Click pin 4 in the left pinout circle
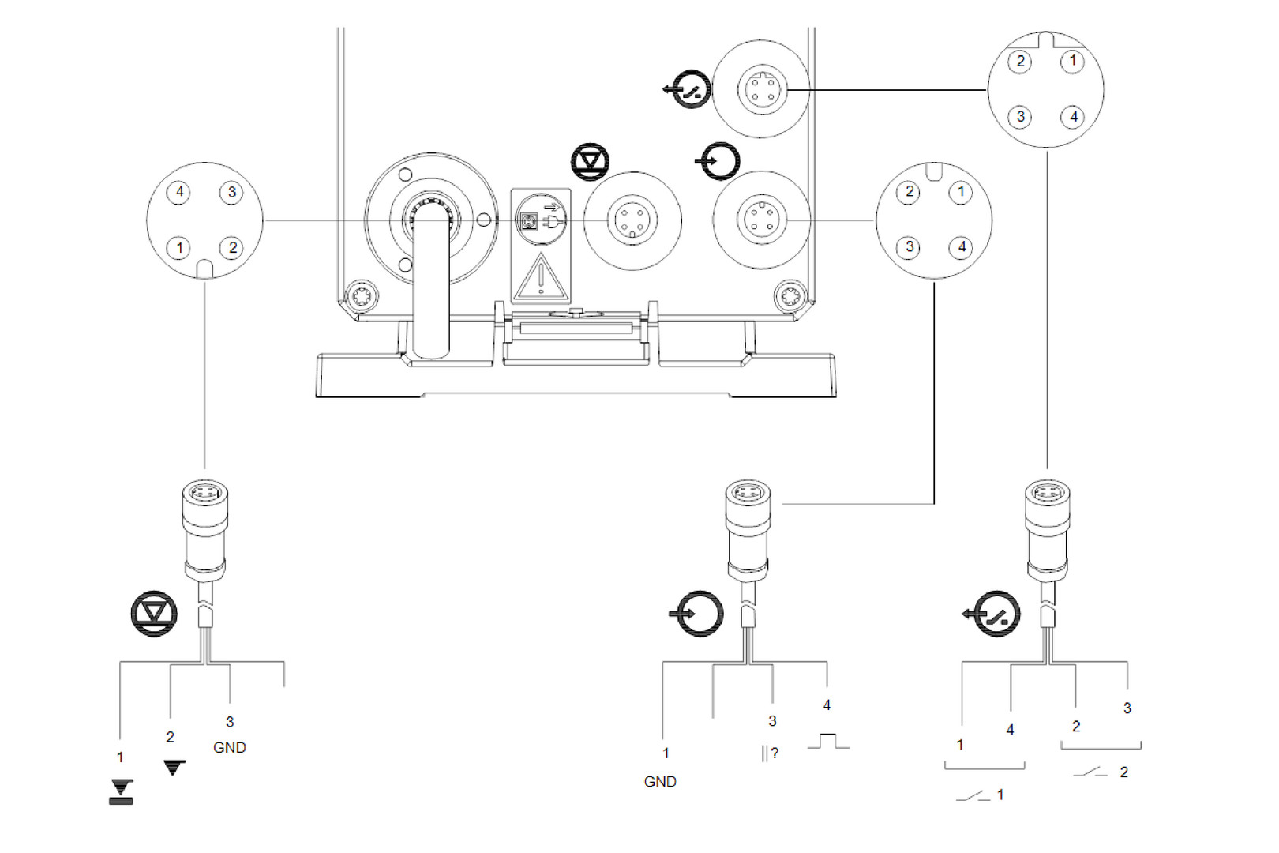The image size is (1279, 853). [179, 192]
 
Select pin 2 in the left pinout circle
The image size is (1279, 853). [231, 248]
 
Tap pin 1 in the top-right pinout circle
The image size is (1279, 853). [1072, 61]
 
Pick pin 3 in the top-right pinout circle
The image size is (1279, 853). [1020, 117]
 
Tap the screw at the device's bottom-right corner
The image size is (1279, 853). [790, 297]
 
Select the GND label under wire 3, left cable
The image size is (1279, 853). [230, 747]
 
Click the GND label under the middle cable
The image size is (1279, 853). [660, 781]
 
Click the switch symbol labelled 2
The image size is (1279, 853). [1090, 772]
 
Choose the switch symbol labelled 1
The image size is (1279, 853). [973, 795]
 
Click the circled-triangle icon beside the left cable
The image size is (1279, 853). [154, 614]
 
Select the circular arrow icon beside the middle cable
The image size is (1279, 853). [698, 613]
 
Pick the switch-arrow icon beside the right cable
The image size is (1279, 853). [993, 614]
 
